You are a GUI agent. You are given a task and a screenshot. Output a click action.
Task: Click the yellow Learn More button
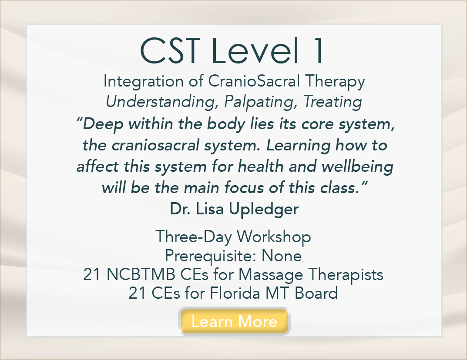(x=234, y=321)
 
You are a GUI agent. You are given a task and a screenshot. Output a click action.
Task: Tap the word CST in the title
(x=170, y=50)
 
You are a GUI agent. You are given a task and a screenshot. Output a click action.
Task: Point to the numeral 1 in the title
(x=318, y=50)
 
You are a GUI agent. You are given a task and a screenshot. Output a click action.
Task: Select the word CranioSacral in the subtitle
(x=254, y=81)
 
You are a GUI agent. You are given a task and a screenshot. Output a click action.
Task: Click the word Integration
(x=143, y=81)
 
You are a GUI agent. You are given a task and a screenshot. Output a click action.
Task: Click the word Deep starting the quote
(x=100, y=124)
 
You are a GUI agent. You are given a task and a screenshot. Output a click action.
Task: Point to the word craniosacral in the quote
(x=155, y=145)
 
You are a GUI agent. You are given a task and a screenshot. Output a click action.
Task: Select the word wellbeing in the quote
(x=357, y=167)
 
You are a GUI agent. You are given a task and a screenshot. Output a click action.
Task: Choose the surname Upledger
(x=264, y=209)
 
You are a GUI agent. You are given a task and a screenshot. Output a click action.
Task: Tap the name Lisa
(x=209, y=209)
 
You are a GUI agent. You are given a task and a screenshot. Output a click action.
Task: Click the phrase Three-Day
(x=193, y=237)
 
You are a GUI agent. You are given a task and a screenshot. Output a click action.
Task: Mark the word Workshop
(x=274, y=237)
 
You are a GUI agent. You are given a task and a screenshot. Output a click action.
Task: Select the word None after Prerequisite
(x=282, y=256)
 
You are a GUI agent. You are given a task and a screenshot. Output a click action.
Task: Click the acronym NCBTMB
(x=141, y=274)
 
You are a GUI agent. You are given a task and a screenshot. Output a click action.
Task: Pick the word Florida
(x=235, y=293)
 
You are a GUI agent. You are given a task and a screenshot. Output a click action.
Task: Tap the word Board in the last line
(x=316, y=293)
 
